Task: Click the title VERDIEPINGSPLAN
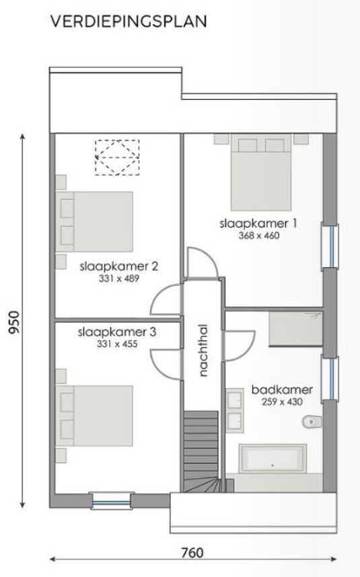pyautogui.click(x=127, y=22)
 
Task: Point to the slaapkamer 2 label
pyautogui.click(x=118, y=266)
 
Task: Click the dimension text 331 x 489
pyautogui.click(x=118, y=278)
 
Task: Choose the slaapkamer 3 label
pyautogui.click(x=118, y=333)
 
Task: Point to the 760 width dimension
pyautogui.click(x=192, y=552)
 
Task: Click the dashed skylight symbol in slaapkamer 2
pyautogui.click(x=117, y=157)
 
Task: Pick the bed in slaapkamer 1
pyautogui.click(x=260, y=173)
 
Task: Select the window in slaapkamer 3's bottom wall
pyautogui.click(x=110, y=501)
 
